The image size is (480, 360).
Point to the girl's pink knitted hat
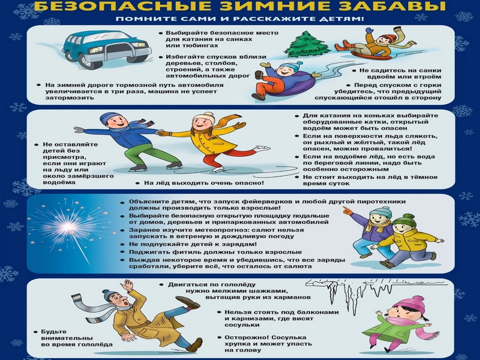413,304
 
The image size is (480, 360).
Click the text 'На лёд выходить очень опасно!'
204,182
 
